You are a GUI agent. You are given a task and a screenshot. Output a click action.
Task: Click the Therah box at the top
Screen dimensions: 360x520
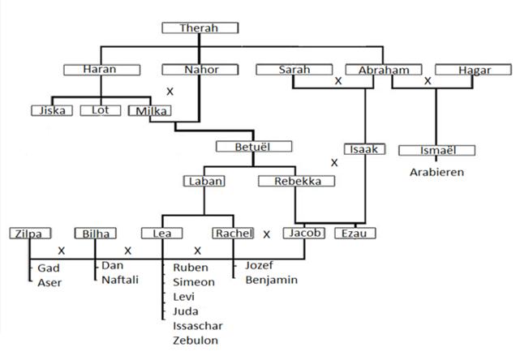(200, 28)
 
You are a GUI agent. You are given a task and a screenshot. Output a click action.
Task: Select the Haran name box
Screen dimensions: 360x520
(100, 70)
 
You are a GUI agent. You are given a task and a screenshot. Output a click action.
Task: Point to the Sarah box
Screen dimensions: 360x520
(294, 70)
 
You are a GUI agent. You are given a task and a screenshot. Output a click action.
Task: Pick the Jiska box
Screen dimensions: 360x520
(51, 110)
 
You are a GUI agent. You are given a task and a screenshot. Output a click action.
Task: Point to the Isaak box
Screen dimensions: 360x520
(363, 149)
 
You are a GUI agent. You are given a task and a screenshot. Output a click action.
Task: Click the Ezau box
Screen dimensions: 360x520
(355, 234)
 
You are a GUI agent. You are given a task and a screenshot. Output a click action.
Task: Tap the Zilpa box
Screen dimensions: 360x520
(28, 234)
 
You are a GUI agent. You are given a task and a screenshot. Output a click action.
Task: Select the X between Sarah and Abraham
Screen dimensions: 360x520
(338, 82)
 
